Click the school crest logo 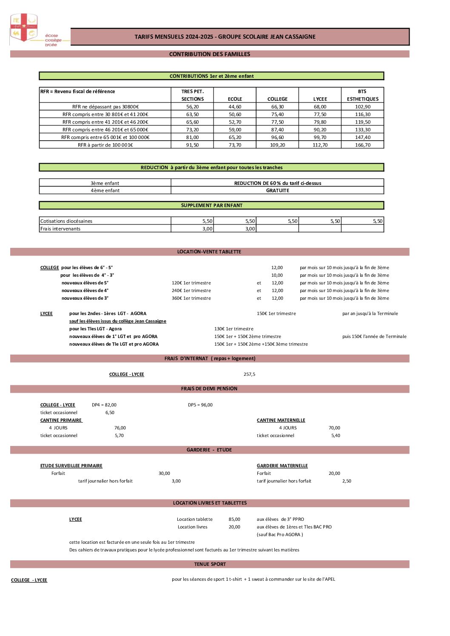[24, 28]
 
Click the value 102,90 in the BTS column [362, 107]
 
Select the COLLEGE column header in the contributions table [277, 99]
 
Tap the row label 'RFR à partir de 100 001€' [105, 145]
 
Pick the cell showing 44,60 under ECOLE [235, 107]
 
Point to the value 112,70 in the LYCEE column [320, 145]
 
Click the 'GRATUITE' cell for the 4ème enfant [277, 190]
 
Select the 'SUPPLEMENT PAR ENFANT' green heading [211, 205]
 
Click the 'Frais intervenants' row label [60, 229]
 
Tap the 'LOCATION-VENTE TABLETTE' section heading [209, 252]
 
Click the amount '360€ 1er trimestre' [191, 298]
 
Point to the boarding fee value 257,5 [249, 374]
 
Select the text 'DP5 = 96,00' [200, 405]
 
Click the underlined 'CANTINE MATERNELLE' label [281, 420]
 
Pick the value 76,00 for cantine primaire [120, 428]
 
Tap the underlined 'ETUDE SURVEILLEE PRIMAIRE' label [71, 466]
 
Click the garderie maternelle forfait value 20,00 [334, 473]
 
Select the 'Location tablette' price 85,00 [234, 519]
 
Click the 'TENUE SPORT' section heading [210, 564]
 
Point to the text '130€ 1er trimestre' [234, 329]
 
